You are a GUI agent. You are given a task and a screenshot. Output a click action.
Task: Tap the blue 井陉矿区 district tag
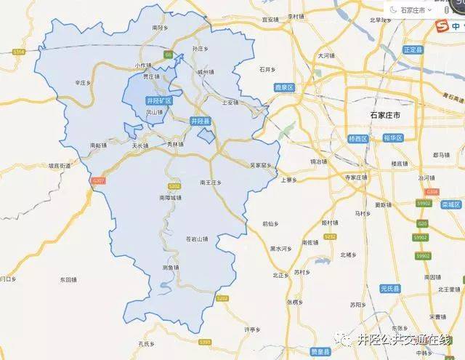[158, 100]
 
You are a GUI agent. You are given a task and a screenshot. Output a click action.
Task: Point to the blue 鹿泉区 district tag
[283, 87]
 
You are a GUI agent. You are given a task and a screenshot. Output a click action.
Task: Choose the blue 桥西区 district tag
[358, 138]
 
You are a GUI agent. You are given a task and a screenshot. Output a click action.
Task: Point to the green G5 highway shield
[169, 53]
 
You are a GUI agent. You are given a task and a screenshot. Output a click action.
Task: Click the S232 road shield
[330, 237]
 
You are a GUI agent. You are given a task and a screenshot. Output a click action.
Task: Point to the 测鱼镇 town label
[171, 268]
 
